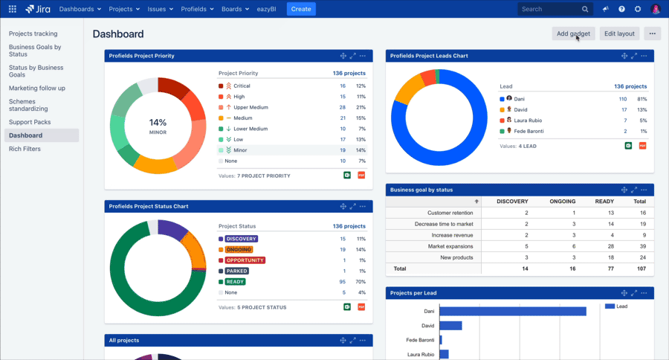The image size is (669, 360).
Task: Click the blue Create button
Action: pyautogui.click(x=301, y=9)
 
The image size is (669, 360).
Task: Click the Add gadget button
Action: pyautogui.click(x=573, y=33)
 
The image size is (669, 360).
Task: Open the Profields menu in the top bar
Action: pyautogui.click(x=196, y=9)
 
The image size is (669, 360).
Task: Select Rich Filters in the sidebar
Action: pyautogui.click(x=25, y=149)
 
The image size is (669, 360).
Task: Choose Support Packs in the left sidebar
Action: pyautogui.click(x=30, y=122)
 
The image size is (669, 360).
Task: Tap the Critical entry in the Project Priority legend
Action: pyautogui.click(x=242, y=86)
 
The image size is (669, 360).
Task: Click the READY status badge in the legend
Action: pyautogui.click(x=236, y=282)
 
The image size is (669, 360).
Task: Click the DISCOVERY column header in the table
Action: pyautogui.click(x=512, y=202)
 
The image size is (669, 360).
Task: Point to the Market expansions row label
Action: pyautogui.click(x=449, y=246)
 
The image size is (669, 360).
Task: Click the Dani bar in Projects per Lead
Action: pyautogui.click(x=512, y=312)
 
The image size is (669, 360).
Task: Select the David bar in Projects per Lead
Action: pyautogui.click(x=450, y=326)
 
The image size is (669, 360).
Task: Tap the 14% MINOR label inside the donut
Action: pyautogui.click(x=158, y=126)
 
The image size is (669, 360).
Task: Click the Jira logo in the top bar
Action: pyautogui.click(x=39, y=9)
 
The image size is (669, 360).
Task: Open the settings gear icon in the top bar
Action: pyautogui.click(x=638, y=9)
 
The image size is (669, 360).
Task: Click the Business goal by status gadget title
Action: pyautogui.click(x=421, y=190)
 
